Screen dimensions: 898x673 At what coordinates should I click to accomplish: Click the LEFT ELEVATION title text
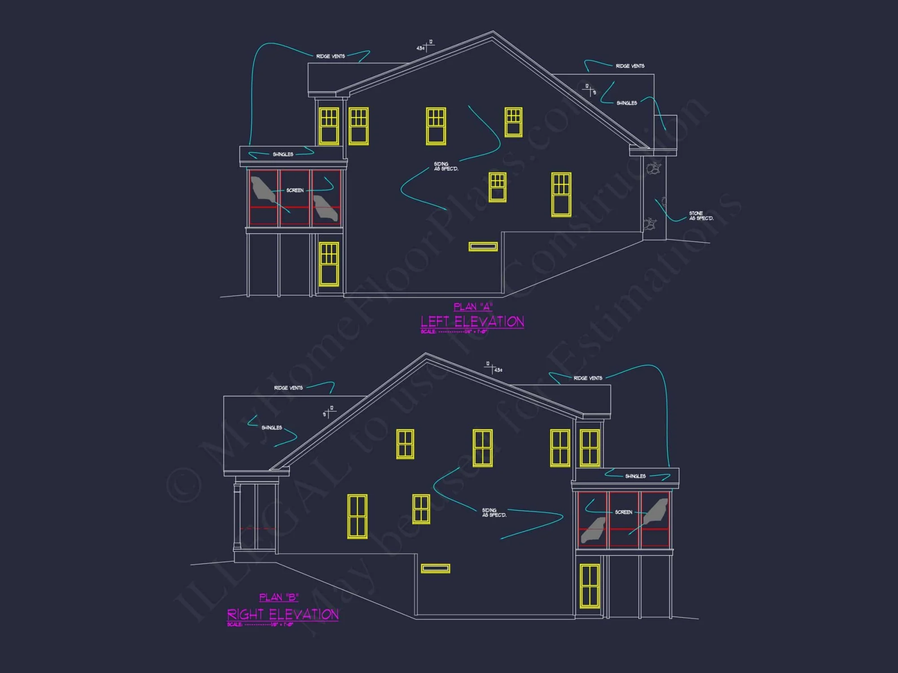(472, 322)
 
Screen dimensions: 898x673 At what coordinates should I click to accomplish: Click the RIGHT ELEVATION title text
(283, 614)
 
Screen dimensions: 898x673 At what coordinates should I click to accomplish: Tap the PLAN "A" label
(473, 307)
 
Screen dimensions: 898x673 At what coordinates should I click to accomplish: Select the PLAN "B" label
(279, 597)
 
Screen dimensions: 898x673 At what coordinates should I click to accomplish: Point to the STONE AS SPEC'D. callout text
(701, 216)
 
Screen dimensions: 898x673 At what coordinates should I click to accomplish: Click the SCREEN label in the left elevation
(295, 190)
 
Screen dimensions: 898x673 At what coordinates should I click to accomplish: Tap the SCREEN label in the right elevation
(623, 512)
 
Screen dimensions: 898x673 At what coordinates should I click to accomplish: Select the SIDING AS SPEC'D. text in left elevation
(446, 166)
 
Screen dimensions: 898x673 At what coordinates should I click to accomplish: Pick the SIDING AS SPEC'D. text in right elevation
(494, 512)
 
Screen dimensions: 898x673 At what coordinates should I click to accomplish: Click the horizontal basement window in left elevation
(483, 246)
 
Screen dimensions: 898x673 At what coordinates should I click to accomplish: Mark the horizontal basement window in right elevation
(435, 568)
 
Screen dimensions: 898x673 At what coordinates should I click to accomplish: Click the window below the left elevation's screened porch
(329, 264)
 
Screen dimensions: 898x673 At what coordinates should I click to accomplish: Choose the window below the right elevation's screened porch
(590, 586)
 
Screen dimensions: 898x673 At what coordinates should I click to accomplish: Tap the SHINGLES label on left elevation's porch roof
(283, 154)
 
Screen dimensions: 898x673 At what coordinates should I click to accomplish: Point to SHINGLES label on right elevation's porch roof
(635, 476)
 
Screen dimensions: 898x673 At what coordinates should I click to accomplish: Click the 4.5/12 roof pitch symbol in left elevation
(425, 46)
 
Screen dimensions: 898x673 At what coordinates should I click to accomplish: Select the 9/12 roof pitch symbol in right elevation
(329, 411)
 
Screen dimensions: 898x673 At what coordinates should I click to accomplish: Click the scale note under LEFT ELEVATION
(453, 332)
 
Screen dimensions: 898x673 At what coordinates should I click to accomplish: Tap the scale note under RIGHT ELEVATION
(260, 625)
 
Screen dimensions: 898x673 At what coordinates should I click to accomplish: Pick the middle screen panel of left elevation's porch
(295, 197)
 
